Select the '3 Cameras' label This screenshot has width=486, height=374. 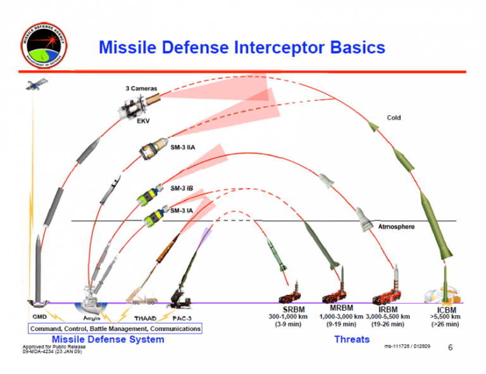142,89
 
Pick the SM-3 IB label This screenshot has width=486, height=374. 182,188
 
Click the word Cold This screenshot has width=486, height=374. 394,118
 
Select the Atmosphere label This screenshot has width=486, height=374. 396,227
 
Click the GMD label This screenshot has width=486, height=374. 38,316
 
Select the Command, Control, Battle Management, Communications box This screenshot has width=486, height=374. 114,328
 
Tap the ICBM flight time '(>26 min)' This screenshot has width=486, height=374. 445,324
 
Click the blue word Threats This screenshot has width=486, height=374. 352,339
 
